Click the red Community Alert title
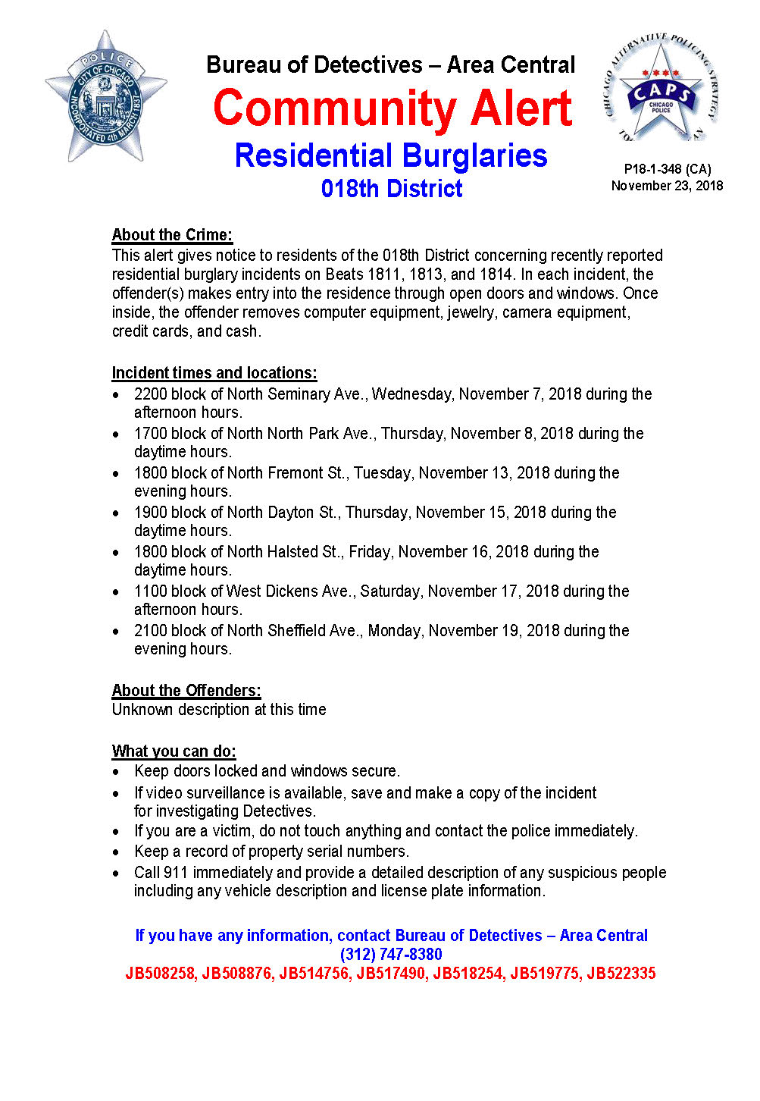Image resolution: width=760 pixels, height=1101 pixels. click(x=392, y=108)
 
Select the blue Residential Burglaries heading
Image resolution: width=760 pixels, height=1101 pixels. click(x=391, y=155)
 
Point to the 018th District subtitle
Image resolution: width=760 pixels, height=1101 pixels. click(x=391, y=189)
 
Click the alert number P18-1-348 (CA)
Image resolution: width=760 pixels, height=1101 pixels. click(x=667, y=169)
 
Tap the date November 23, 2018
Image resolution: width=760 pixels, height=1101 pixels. click(x=667, y=186)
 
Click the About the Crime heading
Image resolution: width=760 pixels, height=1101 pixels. click(x=172, y=234)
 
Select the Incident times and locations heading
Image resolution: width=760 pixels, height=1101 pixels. click(x=214, y=373)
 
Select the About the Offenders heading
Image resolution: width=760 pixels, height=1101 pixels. click(x=186, y=691)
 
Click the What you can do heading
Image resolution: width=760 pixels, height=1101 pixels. click(x=174, y=751)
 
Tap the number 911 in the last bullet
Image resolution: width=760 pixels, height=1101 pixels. click(x=175, y=873)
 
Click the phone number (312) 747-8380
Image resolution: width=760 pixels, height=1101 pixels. click(x=391, y=955)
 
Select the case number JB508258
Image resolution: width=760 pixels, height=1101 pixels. click(x=160, y=974)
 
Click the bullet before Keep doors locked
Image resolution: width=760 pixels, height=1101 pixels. click(x=116, y=772)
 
